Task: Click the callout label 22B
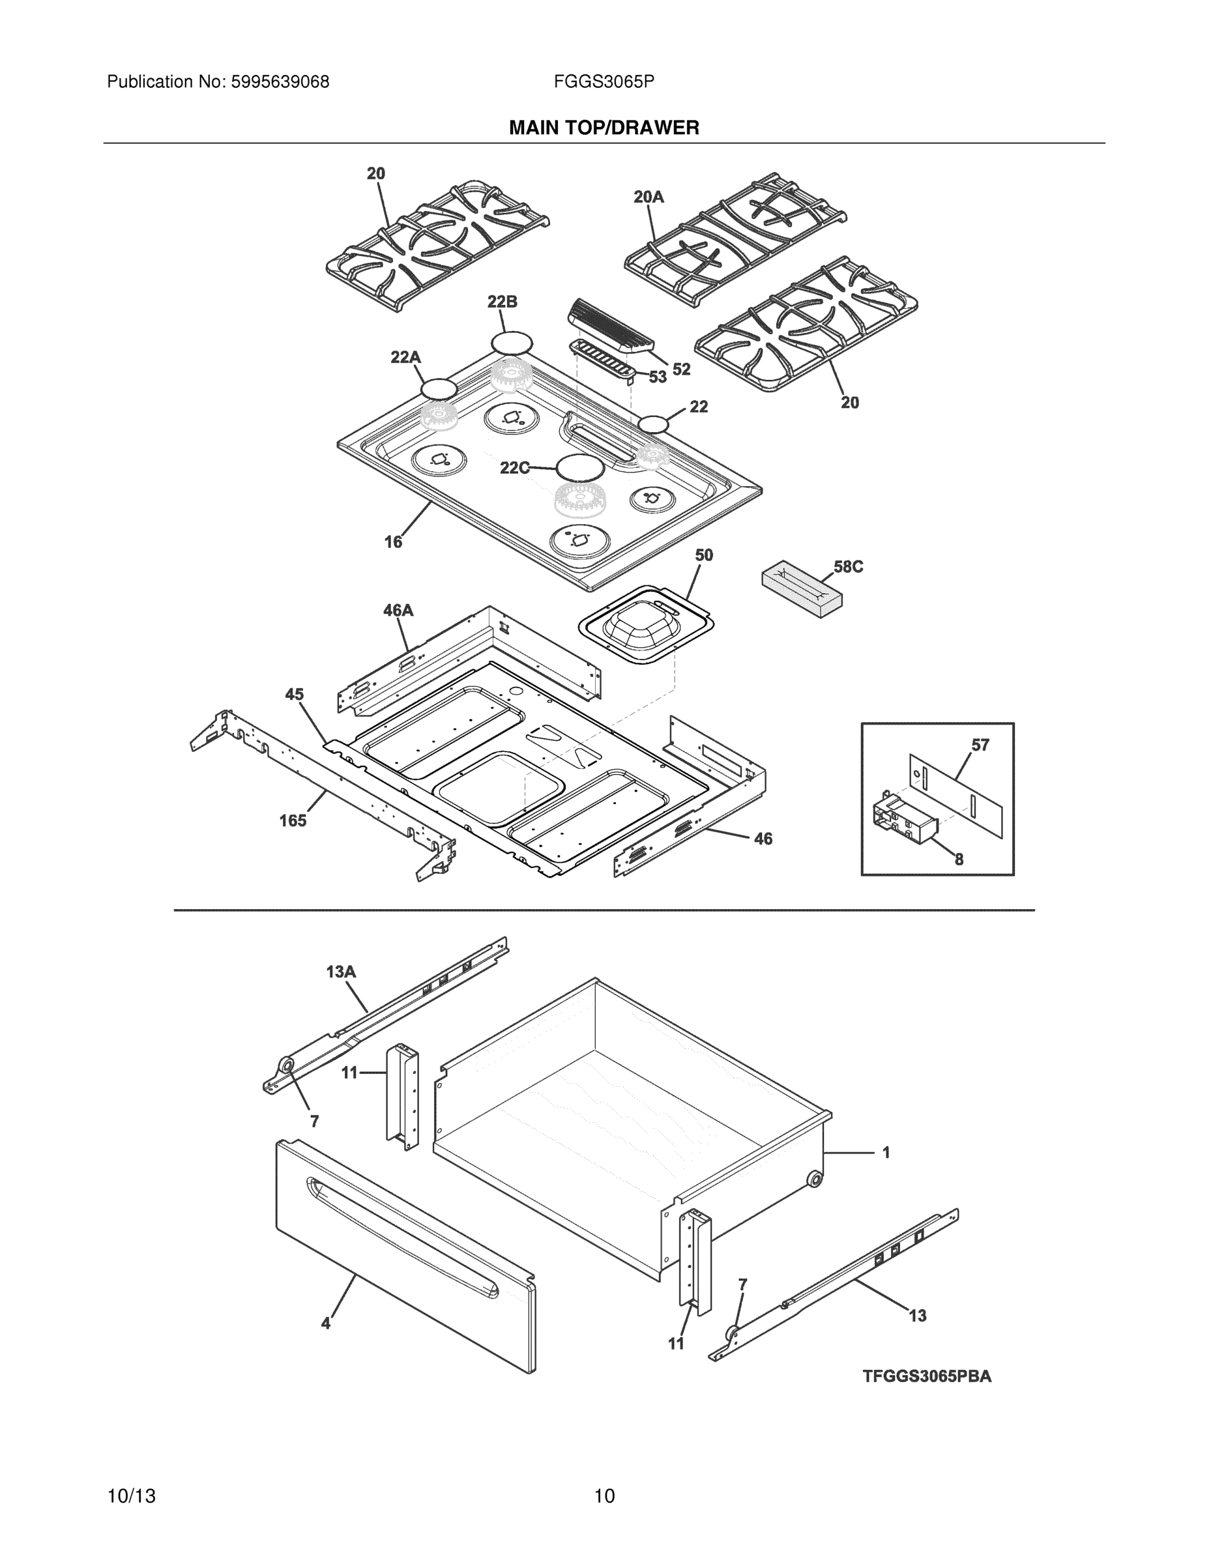(502, 302)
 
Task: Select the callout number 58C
(848, 567)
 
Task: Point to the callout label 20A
(649, 197)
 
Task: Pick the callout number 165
(293, 820)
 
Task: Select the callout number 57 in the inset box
(980, 746)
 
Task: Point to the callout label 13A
(341, 972)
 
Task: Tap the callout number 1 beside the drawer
(886, 1153)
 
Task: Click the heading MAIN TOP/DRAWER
(604, 128)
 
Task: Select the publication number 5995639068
(280, 82)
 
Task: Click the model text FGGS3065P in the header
(604, 82)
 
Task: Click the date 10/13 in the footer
(131, 1496)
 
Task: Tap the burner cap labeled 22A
(439, 389)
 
